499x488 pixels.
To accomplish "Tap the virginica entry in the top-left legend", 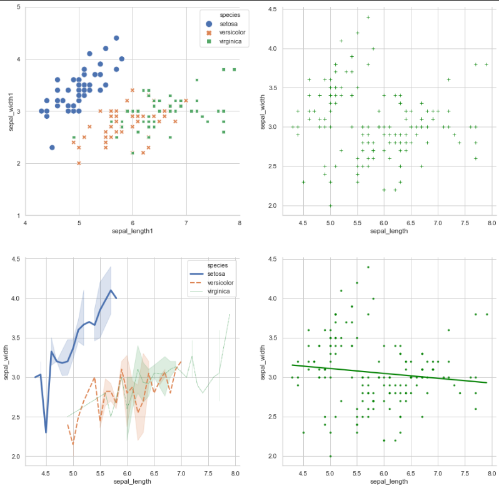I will coord(223,42).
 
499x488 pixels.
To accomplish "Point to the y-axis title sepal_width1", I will coord(11,111).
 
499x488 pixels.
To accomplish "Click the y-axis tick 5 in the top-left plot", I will coord(19,7).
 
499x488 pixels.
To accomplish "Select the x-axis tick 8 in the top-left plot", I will coord(239,223).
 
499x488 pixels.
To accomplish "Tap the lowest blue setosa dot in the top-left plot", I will coord(52,148).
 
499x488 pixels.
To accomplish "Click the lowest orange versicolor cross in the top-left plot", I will coord(79,163).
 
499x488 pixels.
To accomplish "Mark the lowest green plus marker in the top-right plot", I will coord(331,205).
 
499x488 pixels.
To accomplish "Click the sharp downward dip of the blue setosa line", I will coord(46,432).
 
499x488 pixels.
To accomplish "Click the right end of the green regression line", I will coord(486,382).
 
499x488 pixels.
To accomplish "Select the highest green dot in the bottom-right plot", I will coord(368,267).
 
